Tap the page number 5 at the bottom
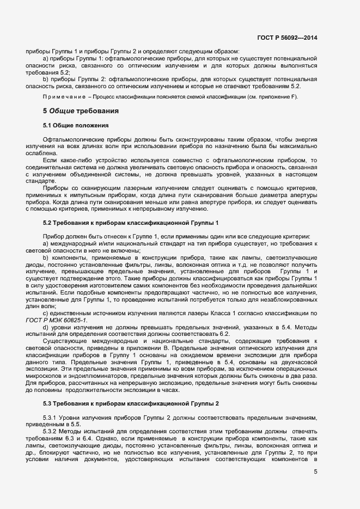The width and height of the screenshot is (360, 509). click(315, 471)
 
